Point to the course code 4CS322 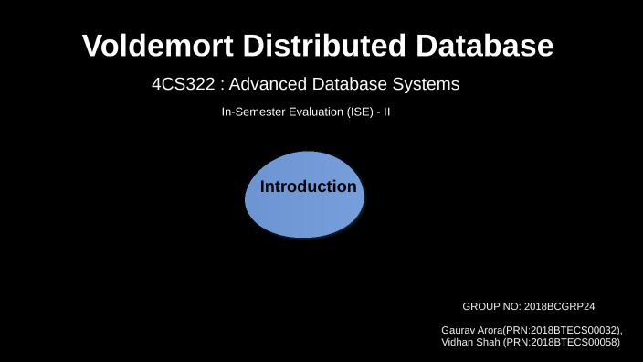point(184,85)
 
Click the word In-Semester point(251,113)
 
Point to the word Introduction point(309,186)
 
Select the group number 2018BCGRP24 point(560,307)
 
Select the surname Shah point(490,342)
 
